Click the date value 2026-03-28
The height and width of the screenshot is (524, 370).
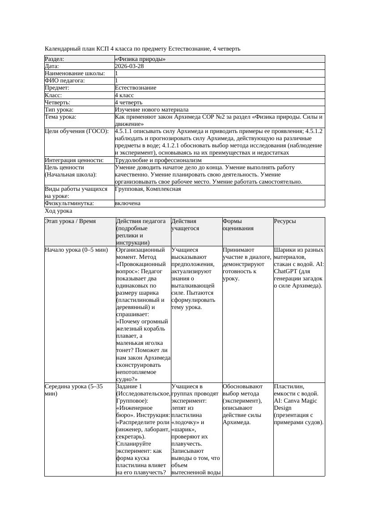pos(129,66)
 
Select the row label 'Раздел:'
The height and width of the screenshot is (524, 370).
pos(55,59)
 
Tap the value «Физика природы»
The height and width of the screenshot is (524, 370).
pos(140,59)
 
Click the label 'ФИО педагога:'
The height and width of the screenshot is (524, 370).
pos(65,81)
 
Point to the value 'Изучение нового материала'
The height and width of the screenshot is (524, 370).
pos(151,109)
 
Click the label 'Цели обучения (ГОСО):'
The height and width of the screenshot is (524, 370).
pos(77,131)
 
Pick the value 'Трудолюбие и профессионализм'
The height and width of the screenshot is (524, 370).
pos(158,160)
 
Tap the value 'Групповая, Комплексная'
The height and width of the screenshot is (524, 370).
pos(148,189)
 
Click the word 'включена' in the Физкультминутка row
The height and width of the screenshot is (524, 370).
pos(128,203)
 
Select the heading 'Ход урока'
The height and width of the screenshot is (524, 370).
pos(59,210)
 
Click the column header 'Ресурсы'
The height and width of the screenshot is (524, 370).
pos(285,221)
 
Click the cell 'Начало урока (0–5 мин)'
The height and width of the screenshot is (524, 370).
pos(77,250)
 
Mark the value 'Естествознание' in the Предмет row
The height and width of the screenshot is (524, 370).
pos(136,88)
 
